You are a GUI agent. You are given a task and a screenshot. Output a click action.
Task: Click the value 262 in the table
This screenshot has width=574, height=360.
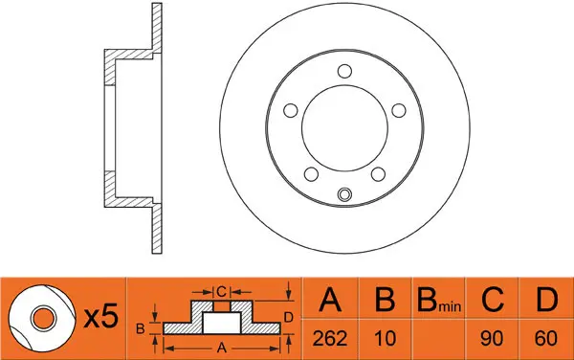(330, 338)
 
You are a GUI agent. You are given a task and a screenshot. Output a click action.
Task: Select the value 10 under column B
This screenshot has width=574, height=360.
(386, 338)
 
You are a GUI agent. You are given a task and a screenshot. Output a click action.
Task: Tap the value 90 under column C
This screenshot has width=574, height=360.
(492, 338)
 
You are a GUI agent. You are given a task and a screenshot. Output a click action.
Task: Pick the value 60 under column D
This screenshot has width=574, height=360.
(546, 338)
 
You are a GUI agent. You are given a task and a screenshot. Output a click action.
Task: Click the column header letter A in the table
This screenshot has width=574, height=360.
(330, 300)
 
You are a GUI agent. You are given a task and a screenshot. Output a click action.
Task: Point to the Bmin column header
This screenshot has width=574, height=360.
(439, 300)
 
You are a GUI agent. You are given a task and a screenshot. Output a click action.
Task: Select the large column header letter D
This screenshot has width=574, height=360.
(546, 300)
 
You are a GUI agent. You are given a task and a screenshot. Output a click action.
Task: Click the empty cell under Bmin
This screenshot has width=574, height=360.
(438, 339)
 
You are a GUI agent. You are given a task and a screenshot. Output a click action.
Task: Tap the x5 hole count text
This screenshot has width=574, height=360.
(101, 317)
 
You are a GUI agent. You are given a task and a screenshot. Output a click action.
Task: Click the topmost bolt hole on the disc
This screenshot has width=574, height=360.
(344, 71)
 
